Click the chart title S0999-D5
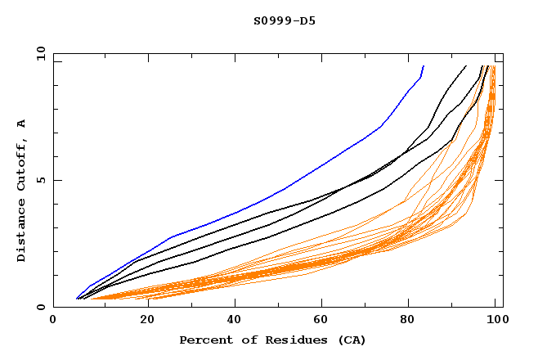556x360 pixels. pyautogui.click(x=285, y=20)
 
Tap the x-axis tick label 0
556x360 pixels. pyautogui.click(x=53, y=321)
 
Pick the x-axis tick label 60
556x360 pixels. pyautogui.click(x=321, y=321)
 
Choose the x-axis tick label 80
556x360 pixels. pyautogui.click(x=409, y=321)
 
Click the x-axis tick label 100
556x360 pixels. pyautogui.click(x=495, y=321)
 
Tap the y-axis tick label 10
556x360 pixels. pyautogui.click(x=39, y=52)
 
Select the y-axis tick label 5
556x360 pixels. pyautogui.click(x=42, y=180)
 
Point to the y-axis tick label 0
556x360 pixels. pyautogui.click(x=42, y=308)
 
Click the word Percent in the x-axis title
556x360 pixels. pyautogui.click(x=202, y=340)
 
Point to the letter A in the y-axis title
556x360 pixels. pyautogui.click(x=22, y=123)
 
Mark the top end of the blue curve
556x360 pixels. pyautogui.click(x=424, y=65)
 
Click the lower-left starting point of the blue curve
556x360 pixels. pyautogui.click(x=77, y=299)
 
